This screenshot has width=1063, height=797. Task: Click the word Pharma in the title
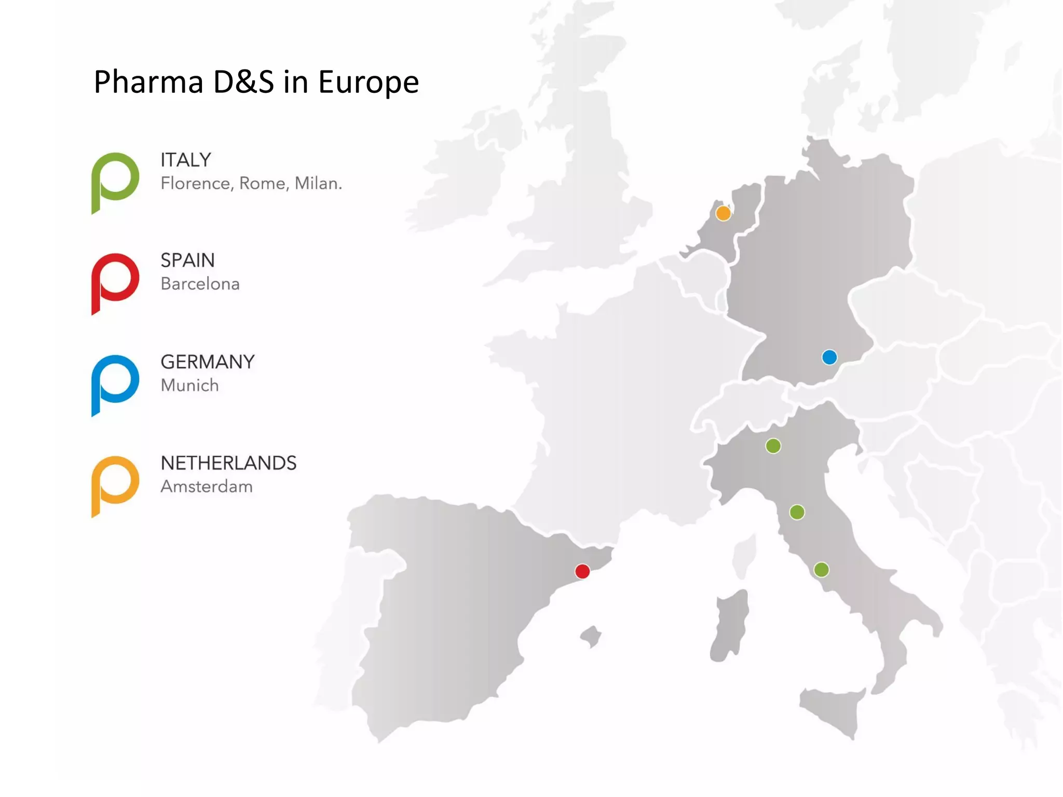tap(148, 83)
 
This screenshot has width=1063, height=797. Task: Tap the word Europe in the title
tap(368, 83)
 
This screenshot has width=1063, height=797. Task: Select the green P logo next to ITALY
tap(115, 181)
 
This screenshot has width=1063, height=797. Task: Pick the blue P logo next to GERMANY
tap(115, 383)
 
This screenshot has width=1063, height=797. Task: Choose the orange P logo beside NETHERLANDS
tap(115, 485)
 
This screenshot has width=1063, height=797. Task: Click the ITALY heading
tap(186, 160)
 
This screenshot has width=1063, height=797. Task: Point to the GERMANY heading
tap(208, 362)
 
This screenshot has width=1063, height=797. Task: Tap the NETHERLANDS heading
tap(228, 463)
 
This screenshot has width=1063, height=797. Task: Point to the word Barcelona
tap(200, 284)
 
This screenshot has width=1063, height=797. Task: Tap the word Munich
tap(189, 385)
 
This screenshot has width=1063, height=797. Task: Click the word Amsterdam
tap(207, 487)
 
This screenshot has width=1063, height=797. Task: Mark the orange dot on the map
tap(723, 213)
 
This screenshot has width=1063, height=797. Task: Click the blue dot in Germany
tap(829, 357)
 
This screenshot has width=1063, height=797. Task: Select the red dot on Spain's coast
tap(582, 571)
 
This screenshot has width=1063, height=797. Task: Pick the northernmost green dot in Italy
tap(773, 446)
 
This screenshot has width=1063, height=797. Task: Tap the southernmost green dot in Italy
tap(821, 570)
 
